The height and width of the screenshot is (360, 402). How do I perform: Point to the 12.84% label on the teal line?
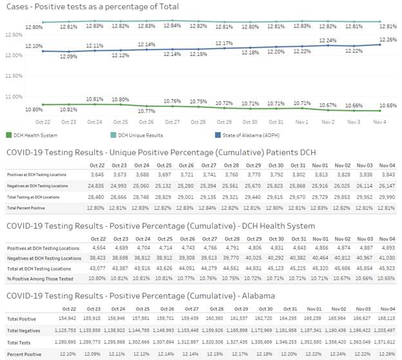point(172,25)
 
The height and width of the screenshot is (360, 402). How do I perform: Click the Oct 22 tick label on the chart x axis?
point(43,121)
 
